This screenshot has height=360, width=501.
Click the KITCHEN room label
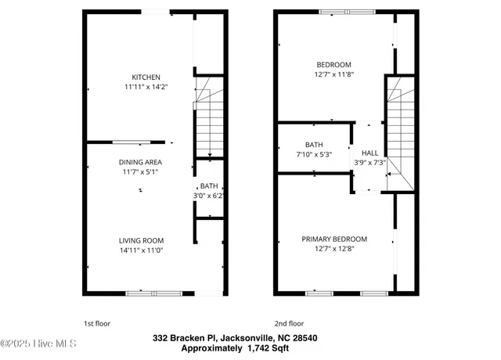pos(146,77)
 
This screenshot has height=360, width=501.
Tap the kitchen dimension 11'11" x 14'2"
pos(146,88)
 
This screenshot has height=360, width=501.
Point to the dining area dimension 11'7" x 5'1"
pos(141,172)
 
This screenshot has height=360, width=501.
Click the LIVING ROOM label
pos(141,240)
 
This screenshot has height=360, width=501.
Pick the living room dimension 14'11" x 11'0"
pos(141,250)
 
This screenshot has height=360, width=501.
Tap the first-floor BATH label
pos(209,185)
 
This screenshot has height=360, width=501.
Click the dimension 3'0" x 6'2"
pos(209,196)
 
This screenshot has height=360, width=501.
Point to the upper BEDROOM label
pos(333,65)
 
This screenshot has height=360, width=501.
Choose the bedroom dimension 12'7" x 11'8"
pos(333,75)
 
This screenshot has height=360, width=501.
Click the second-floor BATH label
pos(314,145)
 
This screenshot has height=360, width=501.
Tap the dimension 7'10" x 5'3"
pos(314,155)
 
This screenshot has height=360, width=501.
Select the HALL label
pos(369,153)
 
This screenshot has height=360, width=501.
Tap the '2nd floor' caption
pos(289,322)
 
